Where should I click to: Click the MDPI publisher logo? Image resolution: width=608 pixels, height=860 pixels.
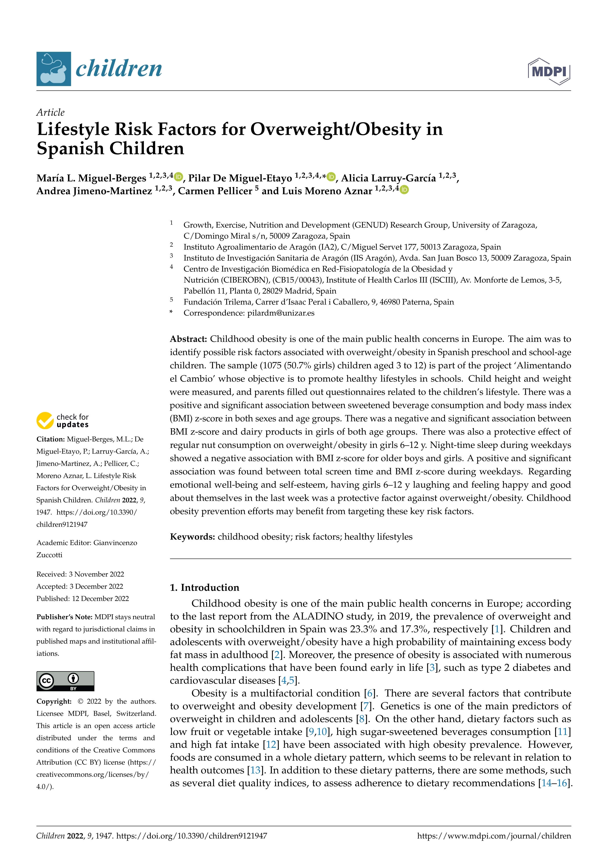[x=549, y=71]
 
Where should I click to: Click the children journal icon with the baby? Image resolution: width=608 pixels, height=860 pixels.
[x=53, y=69]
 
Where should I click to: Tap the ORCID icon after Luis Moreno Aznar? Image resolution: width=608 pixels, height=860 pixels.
[x=404, y=190]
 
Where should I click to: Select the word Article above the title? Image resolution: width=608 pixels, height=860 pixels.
[x=50, y=112]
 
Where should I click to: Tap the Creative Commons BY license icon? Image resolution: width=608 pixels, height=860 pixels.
[x=65, y=681]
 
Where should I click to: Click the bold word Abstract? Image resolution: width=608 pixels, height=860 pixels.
[x=188, y=339]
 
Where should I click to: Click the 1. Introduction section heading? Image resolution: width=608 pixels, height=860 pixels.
[x=204, y=587]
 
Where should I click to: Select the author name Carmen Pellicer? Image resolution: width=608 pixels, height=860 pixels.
[x=215, y=191]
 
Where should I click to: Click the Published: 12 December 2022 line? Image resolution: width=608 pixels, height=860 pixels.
[x=82, y=599]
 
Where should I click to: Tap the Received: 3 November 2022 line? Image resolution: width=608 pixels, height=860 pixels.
[x=80, y=574]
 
